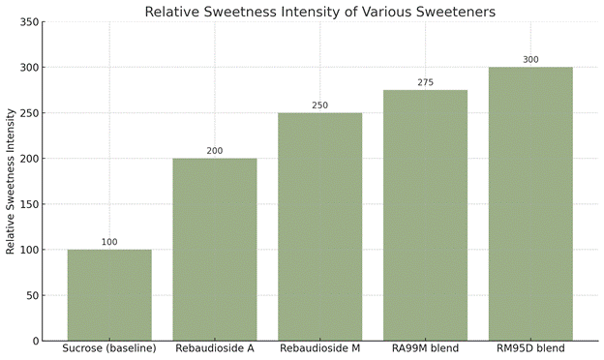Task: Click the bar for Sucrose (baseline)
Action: (109, 295)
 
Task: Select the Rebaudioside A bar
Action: (215, 250)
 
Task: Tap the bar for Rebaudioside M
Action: (320, 226)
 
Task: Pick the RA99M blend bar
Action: (425, 216)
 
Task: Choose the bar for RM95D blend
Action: (530, 204)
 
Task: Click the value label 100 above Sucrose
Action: (109, 242)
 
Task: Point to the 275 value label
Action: (425, 82)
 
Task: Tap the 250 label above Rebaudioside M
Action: (320, 105)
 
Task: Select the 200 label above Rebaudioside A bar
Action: (215, 151)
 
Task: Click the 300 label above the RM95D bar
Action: (530, 60)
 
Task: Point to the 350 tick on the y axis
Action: (29, 22)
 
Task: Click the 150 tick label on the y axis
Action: (29, 204)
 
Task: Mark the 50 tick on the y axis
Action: (33, 296)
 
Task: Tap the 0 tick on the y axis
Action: (36, 342)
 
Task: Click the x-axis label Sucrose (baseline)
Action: (109, 348)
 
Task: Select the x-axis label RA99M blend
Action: (425, 348)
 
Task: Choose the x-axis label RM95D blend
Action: (530, 348)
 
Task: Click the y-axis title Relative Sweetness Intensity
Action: (11, 181)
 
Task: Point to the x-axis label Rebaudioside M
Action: (320, 348)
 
